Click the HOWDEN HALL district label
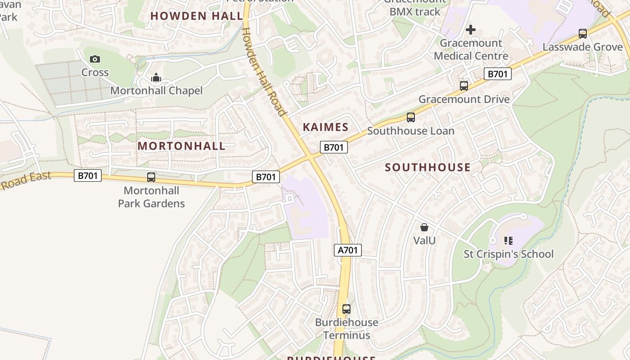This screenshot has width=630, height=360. (197, 16)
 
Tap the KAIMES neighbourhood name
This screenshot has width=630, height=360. (325, 127)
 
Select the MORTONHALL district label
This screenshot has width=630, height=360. (181, 146)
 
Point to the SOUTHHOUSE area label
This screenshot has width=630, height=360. (427, 167)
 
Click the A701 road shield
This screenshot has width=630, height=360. (347, 250)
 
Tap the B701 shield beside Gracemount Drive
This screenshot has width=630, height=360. (497, 74)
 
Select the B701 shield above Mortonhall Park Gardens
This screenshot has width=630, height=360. (88, 175)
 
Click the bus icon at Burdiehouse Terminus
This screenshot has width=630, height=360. (346, 309)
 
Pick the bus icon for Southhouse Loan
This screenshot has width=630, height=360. (410, 117)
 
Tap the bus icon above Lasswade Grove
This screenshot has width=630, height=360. (582, 34)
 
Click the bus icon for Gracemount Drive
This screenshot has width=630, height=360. (463, 86)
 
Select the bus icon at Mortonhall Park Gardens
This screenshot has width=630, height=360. (151, 177)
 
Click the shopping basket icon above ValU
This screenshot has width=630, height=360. (424, 227)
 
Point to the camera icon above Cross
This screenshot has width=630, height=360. (94, 59)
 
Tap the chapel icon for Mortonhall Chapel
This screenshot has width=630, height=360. (156, 78)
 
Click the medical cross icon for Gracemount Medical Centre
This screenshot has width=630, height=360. (470, 30)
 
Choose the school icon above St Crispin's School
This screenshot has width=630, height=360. (508, 241)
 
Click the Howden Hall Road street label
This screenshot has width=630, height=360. (264, 72)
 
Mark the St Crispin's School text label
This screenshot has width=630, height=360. (508, 254)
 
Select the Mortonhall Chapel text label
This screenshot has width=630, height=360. (156, 91)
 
